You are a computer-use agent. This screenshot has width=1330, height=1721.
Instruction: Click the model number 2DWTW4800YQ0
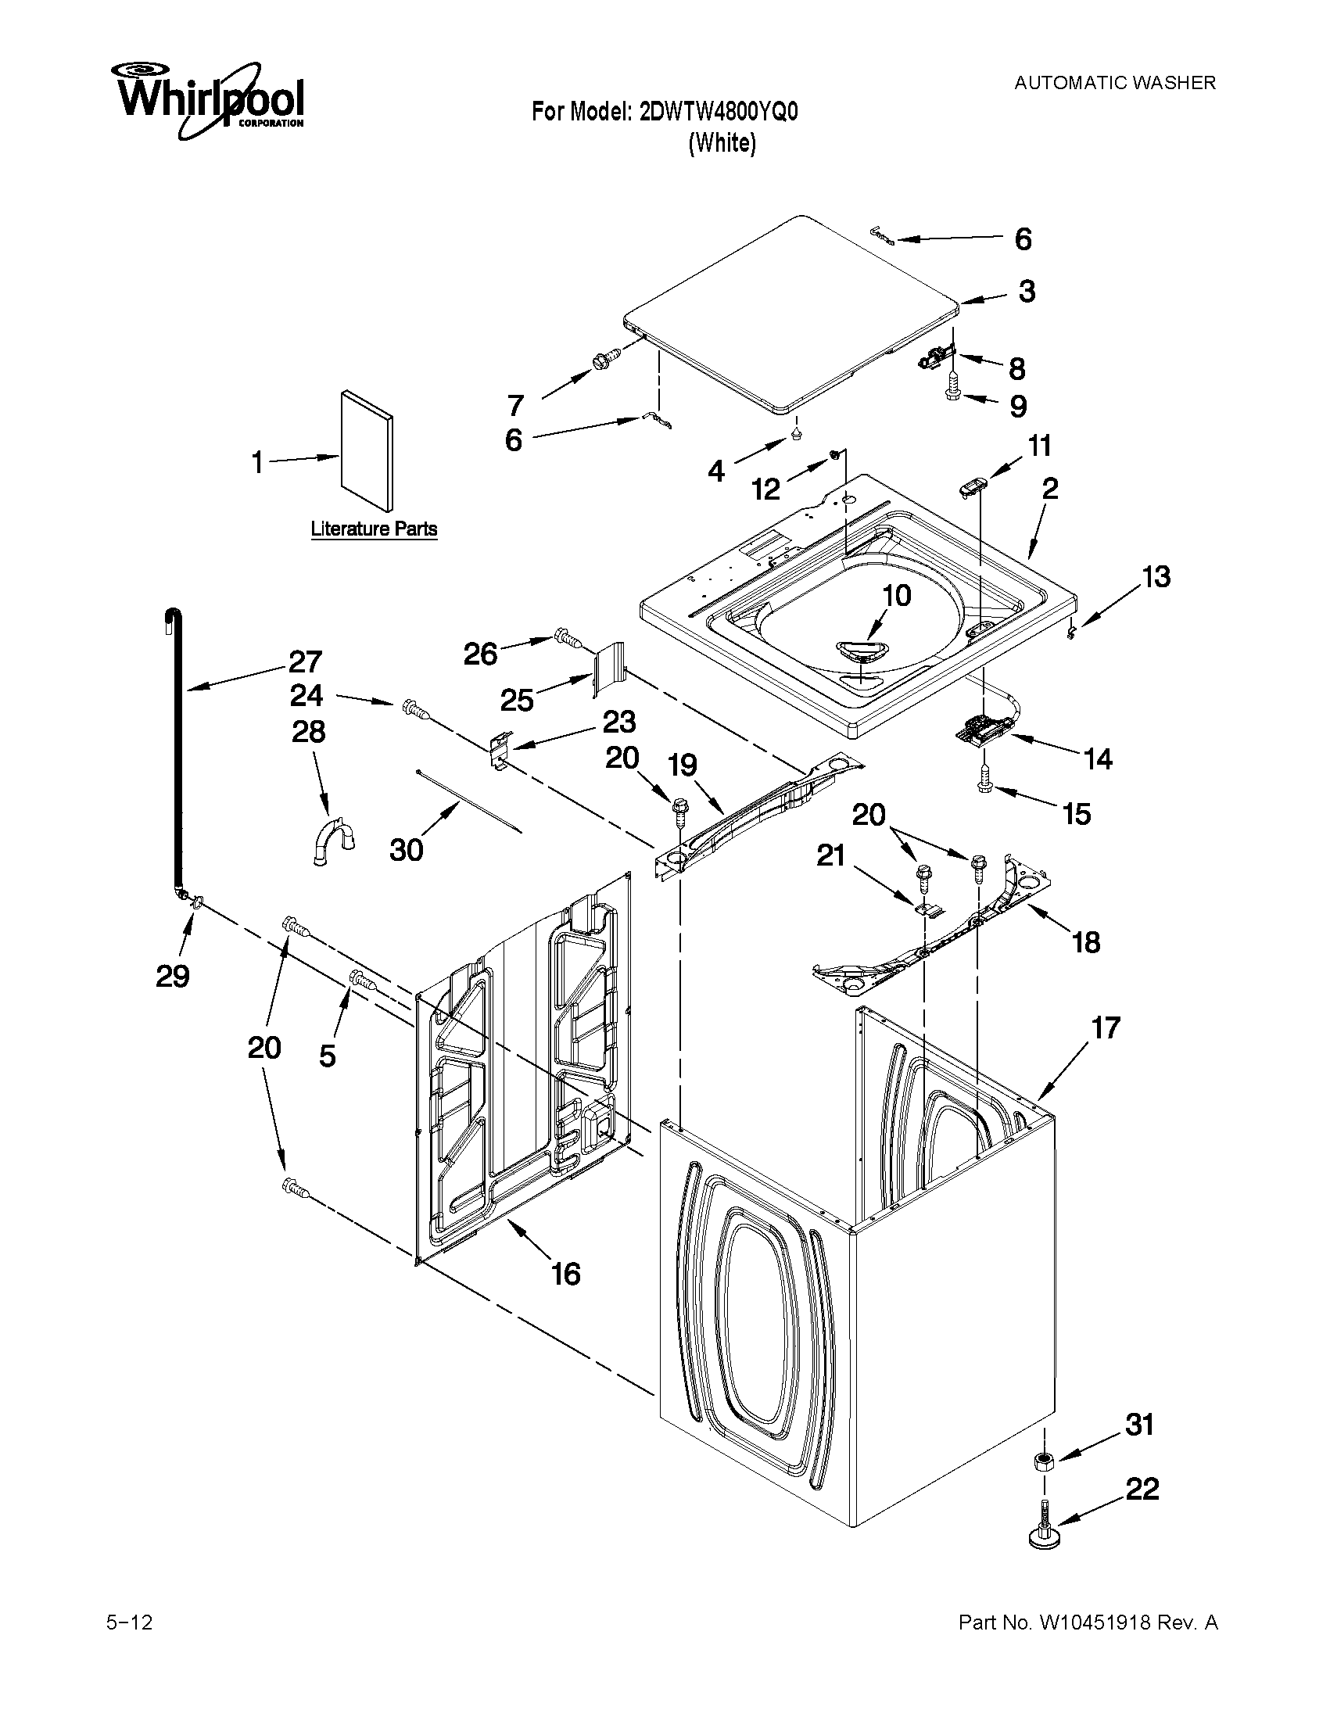point(718,112)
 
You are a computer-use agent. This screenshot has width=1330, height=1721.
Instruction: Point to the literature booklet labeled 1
point(367,450)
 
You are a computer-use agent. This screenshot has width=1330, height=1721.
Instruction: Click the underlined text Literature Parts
point(374,529)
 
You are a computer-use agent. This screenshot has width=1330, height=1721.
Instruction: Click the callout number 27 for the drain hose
point(305,661)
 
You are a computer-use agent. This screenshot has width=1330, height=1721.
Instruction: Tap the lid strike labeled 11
point(971,487)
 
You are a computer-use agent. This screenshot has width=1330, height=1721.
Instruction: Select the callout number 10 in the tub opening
point(896,595)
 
